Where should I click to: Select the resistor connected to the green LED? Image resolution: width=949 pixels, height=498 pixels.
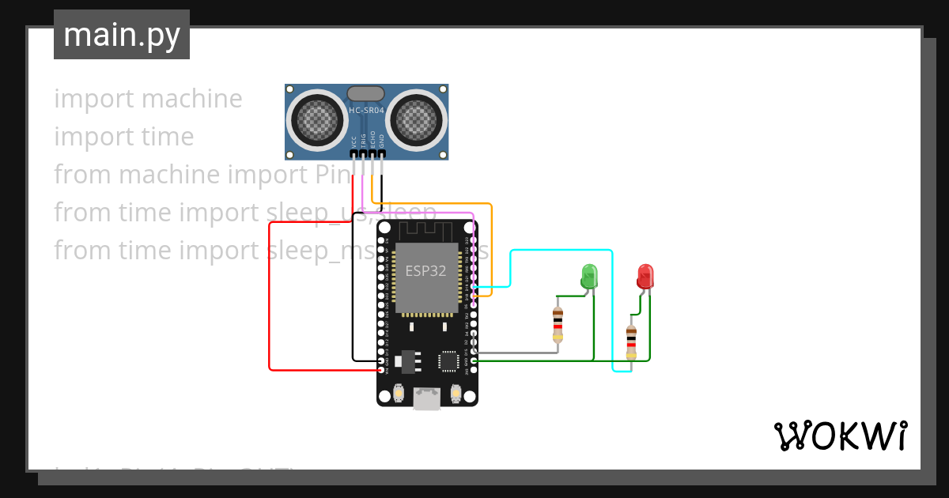pos(558,324)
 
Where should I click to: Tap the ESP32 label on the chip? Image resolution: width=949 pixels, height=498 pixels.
pos(425,270)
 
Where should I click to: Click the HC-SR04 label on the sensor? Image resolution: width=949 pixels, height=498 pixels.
pos(366,111)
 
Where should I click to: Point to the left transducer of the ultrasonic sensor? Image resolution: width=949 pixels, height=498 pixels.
pos(317,120)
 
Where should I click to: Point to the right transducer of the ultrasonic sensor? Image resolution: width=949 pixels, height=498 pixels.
pos(416,120)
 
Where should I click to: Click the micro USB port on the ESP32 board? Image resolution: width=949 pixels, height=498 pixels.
pos(427,398)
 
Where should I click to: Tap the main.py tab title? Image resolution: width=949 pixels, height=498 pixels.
pos(121,35)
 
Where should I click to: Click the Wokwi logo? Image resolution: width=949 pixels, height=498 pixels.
pos(840,436)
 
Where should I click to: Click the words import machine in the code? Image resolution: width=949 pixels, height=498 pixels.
pos(148,99)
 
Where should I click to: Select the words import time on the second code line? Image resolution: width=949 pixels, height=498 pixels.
pos(123,137)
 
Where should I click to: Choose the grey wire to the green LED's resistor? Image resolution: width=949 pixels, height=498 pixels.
pos(514,353)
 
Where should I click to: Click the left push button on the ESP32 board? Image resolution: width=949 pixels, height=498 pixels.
pos(399,392)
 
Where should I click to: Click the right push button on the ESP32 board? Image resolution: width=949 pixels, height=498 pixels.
pos(456,392)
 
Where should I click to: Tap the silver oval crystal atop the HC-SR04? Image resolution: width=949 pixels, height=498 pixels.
pos(366,93)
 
